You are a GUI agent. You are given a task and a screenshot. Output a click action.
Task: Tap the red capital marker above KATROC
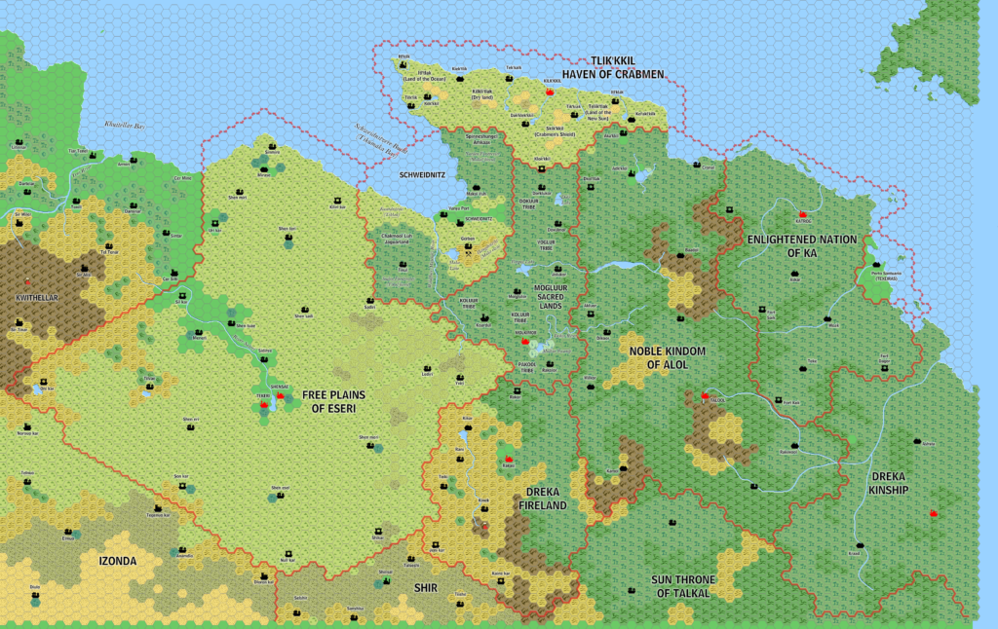click(x=803, y=213)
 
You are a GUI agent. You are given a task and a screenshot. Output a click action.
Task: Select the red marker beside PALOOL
click(x=705, y=395)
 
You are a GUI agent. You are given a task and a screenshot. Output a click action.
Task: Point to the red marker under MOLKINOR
click(x=525, y=342)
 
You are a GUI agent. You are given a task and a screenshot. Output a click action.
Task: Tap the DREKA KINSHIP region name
click(x=886, y=483)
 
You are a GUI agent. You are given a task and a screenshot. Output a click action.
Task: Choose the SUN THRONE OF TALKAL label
click(x=683, y=586)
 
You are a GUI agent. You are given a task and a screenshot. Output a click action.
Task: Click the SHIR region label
click(x=425, y=586)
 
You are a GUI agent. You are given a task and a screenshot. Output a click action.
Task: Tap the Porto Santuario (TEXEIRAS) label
click(x=886, y=274)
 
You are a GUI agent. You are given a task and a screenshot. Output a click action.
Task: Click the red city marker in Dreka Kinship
click(x=934, y=512)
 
